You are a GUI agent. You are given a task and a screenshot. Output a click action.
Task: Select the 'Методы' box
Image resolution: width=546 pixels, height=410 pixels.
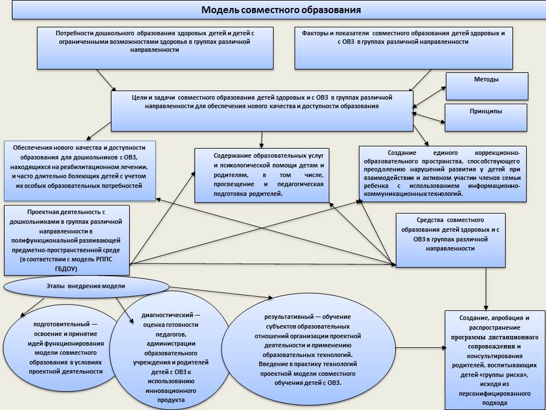coord(487,86)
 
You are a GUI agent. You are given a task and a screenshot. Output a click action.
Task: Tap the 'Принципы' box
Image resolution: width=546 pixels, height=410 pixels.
coord(487,117)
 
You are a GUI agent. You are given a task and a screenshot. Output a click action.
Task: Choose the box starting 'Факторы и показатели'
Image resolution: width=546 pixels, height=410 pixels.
coord(403,48)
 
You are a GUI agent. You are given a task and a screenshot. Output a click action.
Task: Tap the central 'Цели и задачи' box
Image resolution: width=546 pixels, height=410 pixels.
coord(262,112)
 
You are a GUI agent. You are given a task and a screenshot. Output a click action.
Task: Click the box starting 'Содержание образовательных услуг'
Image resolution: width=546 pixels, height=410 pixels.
coord(262,175)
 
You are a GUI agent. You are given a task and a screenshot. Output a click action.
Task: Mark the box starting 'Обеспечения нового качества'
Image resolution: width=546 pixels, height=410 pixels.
coord(79,170)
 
